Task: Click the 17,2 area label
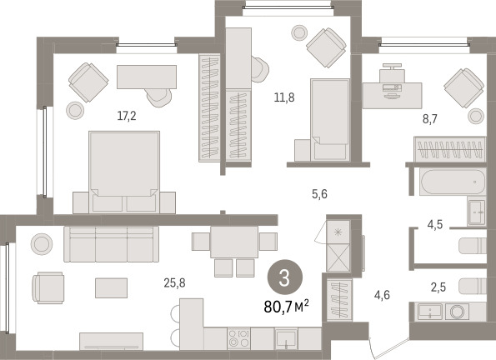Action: [127, 116]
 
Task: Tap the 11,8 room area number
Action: [284, 97]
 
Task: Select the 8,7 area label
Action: [430, 119]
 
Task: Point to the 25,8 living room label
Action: [174, 282]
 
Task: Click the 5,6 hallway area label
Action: [319, 194]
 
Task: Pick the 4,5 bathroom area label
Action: [435, 225]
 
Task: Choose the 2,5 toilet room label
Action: [438, 287]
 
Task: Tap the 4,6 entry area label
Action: [382, 295]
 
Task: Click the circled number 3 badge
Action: [285, 277]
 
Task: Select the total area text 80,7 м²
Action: [286, 306]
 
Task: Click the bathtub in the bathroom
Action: [453, 182]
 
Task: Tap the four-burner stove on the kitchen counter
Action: [238, 338]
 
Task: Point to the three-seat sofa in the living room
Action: [111, 244]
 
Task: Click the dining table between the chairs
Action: [234, 242]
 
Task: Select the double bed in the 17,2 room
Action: [124, 172]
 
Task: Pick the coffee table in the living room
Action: [112, 287]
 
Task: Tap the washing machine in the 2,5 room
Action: [458, 312]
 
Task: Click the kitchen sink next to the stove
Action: [286, 338]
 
